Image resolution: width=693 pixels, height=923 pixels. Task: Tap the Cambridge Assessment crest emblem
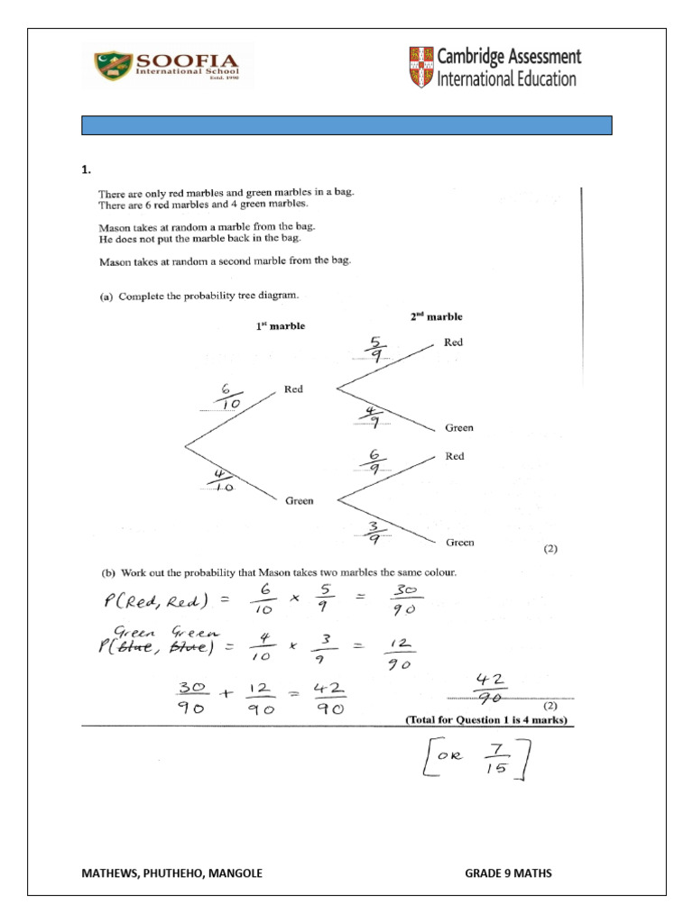coord(420,68)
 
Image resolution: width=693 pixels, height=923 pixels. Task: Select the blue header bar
coord(346,125)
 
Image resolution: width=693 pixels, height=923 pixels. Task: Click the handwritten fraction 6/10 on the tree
coord(228,396)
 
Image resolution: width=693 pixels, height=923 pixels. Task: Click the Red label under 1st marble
coord(293,389)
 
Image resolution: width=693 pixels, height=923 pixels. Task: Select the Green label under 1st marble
coord(299,500)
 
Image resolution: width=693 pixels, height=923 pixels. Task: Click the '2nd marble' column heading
coord(437,317)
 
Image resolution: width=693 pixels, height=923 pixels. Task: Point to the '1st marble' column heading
coord(280,326)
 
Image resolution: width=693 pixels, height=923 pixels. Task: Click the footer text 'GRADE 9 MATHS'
coord(508,873)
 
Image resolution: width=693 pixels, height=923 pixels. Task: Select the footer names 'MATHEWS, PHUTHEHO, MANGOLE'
coord(171,873)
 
